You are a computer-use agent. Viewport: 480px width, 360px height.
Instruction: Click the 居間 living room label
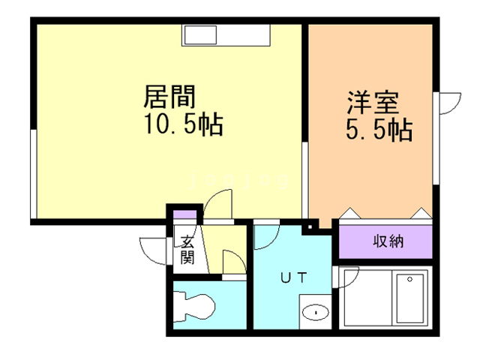coord(170,97)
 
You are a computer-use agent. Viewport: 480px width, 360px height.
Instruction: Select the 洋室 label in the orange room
coord(373,101)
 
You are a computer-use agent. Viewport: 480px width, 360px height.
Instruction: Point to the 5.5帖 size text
coord(379,130)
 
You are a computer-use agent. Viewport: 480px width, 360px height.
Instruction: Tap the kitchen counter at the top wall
coord(226,34)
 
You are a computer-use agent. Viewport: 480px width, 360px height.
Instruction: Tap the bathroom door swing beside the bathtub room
coord(347,280)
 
